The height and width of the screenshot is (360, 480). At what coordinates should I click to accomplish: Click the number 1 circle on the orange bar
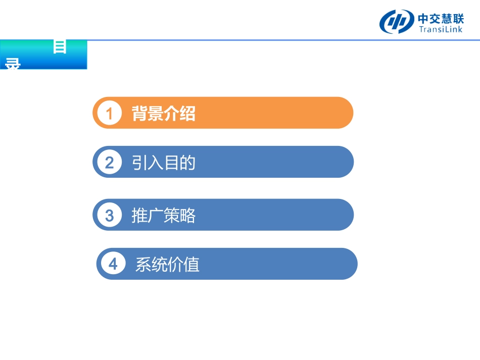(109, 114)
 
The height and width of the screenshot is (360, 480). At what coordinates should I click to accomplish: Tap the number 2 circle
(109, 163)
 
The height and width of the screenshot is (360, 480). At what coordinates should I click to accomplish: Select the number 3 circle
(109, 216)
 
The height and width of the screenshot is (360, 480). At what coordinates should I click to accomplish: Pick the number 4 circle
(113, 264)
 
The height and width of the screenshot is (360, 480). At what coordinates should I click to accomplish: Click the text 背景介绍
(163, 114)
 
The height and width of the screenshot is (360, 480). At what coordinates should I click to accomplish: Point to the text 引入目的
(163, 163)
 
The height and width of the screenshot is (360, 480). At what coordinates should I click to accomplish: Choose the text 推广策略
(163, 216)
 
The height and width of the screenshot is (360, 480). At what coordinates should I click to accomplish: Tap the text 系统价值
(167, 265)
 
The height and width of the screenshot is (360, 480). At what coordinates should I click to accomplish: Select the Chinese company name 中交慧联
(441, 18)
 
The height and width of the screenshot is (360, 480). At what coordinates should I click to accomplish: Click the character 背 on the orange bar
(139, 114)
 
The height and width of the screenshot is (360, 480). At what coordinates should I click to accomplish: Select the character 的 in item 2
(187, 163)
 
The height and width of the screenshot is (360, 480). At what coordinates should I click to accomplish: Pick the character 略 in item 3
(187, 216)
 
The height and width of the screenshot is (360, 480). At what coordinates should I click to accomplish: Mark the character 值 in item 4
(191, 265)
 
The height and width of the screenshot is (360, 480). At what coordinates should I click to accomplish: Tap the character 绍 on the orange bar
(187, 114)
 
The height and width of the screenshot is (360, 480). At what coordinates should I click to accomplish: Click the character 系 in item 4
(143, 265)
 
